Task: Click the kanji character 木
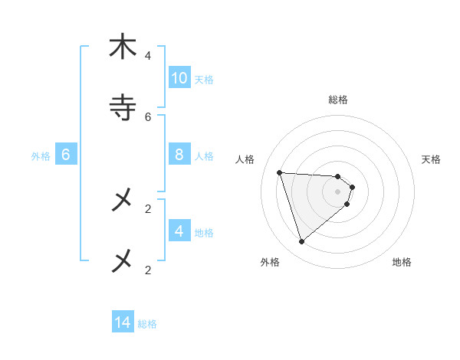122,47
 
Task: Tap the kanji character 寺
122,107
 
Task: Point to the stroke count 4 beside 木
147,56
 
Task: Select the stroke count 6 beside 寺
147,116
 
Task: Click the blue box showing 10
179,78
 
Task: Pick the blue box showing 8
179,155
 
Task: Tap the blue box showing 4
179,231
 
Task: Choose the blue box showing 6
66,155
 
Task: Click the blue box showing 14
123,322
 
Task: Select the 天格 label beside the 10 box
204,80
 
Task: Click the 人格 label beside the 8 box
204,156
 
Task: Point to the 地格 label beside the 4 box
204,233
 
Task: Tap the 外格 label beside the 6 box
41,156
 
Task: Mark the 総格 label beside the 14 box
147,324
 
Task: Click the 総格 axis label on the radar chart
338,100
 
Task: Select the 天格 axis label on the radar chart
431,159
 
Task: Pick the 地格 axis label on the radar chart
402,262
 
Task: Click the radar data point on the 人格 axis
279,172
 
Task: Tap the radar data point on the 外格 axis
301,242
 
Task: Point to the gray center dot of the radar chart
338,202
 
